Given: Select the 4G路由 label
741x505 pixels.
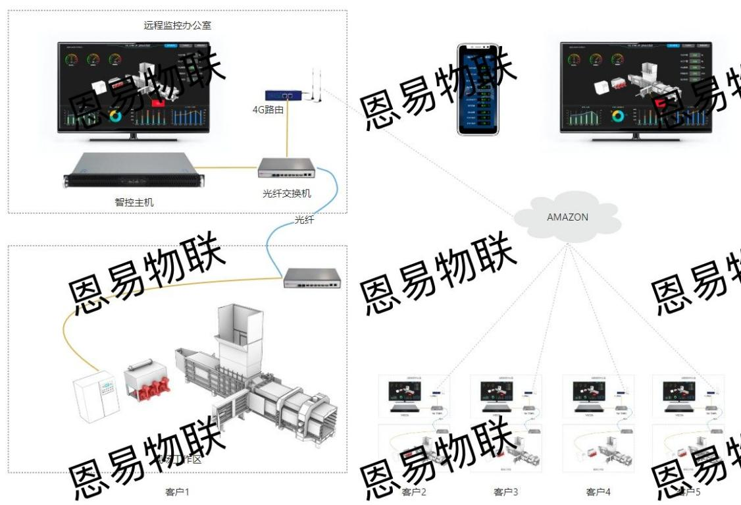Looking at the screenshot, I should pyautogui.click(x=268, y=110).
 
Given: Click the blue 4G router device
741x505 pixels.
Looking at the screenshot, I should pyautogui.click(x=284, y=96).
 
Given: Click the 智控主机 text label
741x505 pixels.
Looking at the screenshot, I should pyautogui.click(x=134, y=202).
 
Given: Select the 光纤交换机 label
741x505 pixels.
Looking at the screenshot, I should pyautogui.click(x=287, y=194).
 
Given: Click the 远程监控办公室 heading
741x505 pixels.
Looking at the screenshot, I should pyautogui.click(x=178, y=26).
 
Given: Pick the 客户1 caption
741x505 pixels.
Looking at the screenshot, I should pyautogui.click(x=178, y=491).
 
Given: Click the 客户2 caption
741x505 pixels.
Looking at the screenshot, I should pyautogui.click(x=414, y=491).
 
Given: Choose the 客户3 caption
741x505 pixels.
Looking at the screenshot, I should pyautogui.click(x=506, y=491).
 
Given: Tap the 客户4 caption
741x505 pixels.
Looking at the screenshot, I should pyautogui.click(x=598, y=491).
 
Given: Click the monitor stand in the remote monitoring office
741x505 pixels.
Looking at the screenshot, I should pyautogui.click(x=134, y=136).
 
